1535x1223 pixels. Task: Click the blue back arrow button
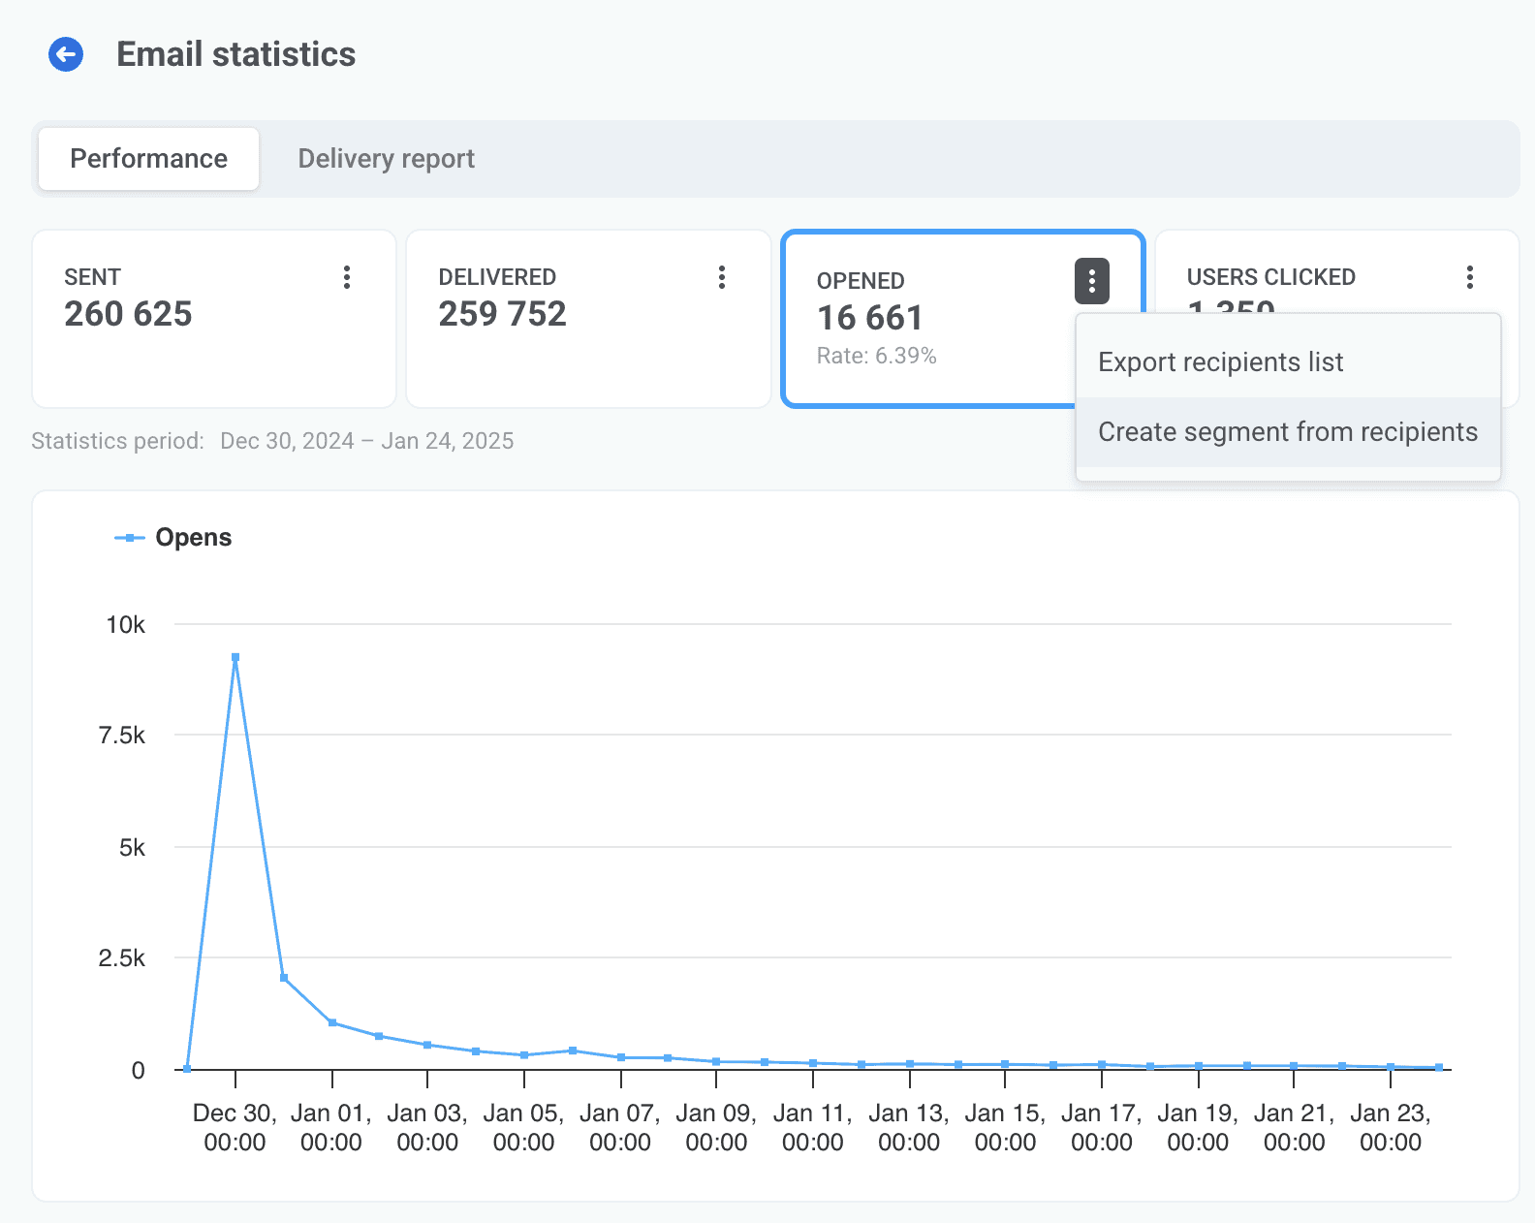pyautogui.click(x=66, y=55)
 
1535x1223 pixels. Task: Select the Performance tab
pyautogui.click(x=149, y=159)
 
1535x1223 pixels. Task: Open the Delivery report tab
pyautogui.click(x=386, y=159)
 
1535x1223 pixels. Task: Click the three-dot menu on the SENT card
pyautogui.click(x=347, y=278)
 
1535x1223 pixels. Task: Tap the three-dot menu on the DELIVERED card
pyautogui.click(x=722, y=278)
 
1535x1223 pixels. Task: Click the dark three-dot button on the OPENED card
pyautogui.click(x=1092, y=282)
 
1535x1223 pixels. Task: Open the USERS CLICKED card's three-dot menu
pyautogui.click(x=1470, y=278)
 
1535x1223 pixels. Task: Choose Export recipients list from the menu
pyautogui.click(x=1221, y=362)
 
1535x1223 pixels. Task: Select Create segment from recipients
pyautogui.click(x=1288, y=432)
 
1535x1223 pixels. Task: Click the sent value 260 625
pyautogui.click(x=128, y=314)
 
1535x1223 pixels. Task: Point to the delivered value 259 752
pyautogui.click(x=502, y=314)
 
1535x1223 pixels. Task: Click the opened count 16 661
pyautogui.click(x=869, y=318)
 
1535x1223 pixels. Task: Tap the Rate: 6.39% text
pyautogui.click(x=876, y=357)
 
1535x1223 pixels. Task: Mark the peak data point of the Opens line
pyautogui.click(x=235, y=657)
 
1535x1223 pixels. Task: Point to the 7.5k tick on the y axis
pyautogui.click(x=122, y=736)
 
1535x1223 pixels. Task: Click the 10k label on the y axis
pyautogui.click(x=126, y=625)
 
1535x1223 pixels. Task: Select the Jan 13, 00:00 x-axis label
pyautogui.click(x=909, y=1128)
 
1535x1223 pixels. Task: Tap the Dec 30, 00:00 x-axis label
pyautogui.click(x=235, y=1128)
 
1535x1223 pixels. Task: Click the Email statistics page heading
pyautogui.click(x=236, y=55)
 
